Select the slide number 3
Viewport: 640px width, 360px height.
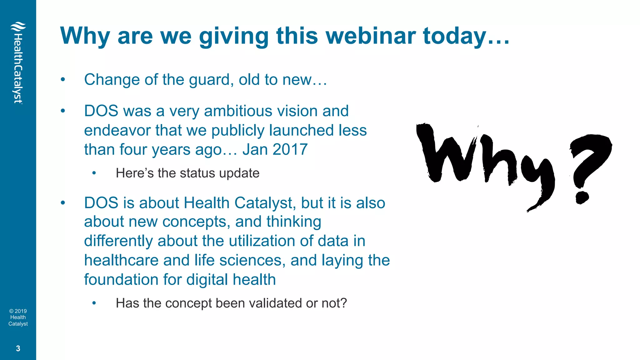(18, 348)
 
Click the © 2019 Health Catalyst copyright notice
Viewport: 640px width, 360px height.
(18, 317)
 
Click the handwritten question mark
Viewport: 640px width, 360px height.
(587, 166)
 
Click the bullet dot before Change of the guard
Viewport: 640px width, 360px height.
(63, 80)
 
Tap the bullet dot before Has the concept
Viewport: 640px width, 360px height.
(94, 303)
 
